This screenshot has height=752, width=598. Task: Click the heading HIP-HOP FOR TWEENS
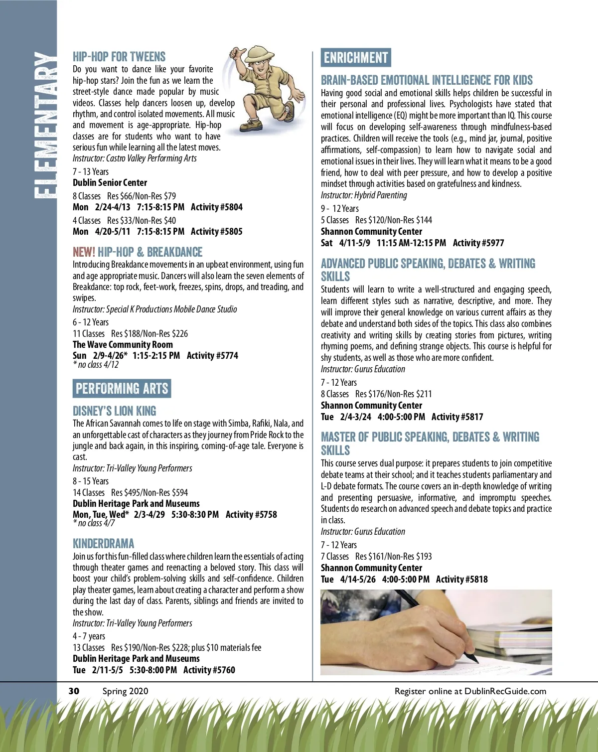click(x=119, y=57)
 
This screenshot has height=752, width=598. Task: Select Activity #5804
click(x=216, y=207)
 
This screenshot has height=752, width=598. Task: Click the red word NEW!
click(x=84, y=252)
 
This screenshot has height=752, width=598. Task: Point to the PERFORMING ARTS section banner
click(x=122, y=389)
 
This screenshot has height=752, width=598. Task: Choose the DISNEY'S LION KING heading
click(x=114, y=411)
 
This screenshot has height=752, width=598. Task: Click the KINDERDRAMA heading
click(x=103, y=544)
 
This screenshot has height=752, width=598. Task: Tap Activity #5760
click(x=209, y=670)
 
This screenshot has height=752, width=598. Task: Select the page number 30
click(x=74, y=691)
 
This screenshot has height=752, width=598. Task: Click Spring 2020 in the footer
click(x=125, y=691)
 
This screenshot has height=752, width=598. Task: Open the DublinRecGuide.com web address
click(x=505, y=691)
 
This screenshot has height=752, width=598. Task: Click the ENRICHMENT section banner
click(x=356, y=58)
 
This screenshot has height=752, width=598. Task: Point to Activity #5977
click(x=478, y=243)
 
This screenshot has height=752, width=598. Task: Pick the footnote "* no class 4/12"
click(x=96, y=365)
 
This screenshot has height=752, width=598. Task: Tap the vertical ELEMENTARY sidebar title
click(x=44, y=125)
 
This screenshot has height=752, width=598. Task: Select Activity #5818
click(x=461, y=580)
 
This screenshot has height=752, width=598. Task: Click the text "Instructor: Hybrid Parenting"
click(x=364, y=195)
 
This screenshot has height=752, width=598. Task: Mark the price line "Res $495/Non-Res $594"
click(x=149, y=493)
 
